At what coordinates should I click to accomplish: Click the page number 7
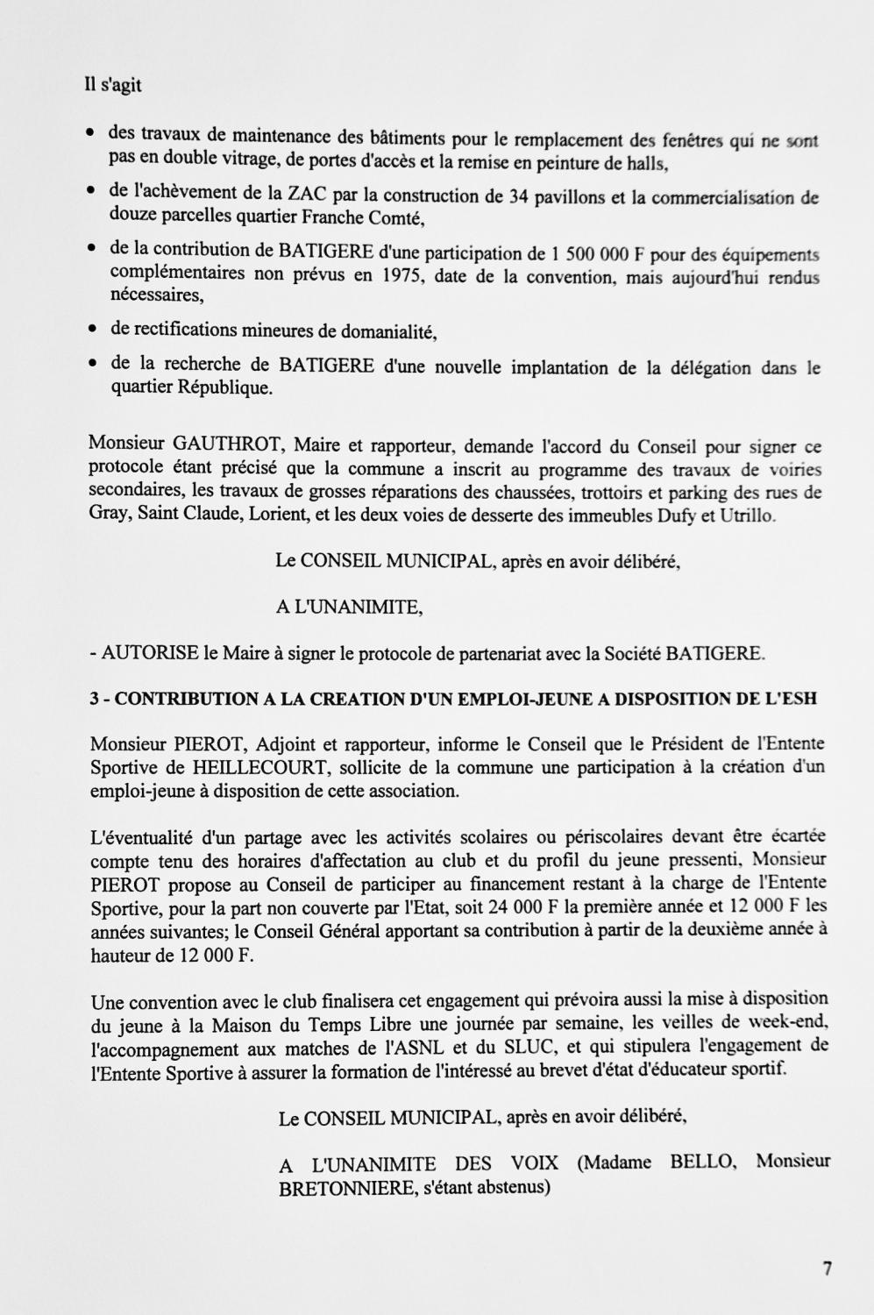click(827, 1268)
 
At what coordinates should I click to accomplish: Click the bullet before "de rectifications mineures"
click(91, 331)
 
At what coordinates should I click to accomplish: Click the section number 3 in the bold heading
click(95, 700)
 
